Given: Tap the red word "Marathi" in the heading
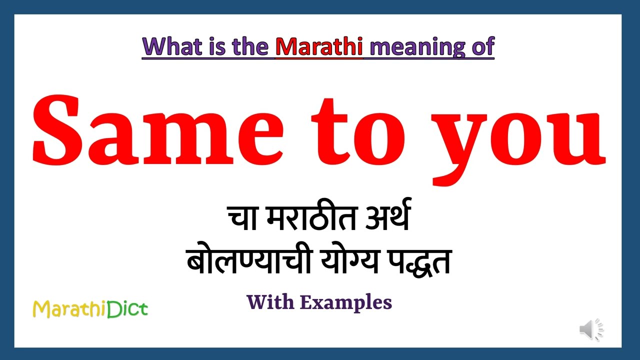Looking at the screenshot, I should (x=319, y=46).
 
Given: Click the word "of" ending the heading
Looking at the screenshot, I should (x=482, y=46).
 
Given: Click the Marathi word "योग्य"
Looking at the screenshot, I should (x=347, y=261).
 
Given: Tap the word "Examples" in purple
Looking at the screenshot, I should (x=346, y=302).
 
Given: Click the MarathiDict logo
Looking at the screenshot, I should (x=90, y=309).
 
